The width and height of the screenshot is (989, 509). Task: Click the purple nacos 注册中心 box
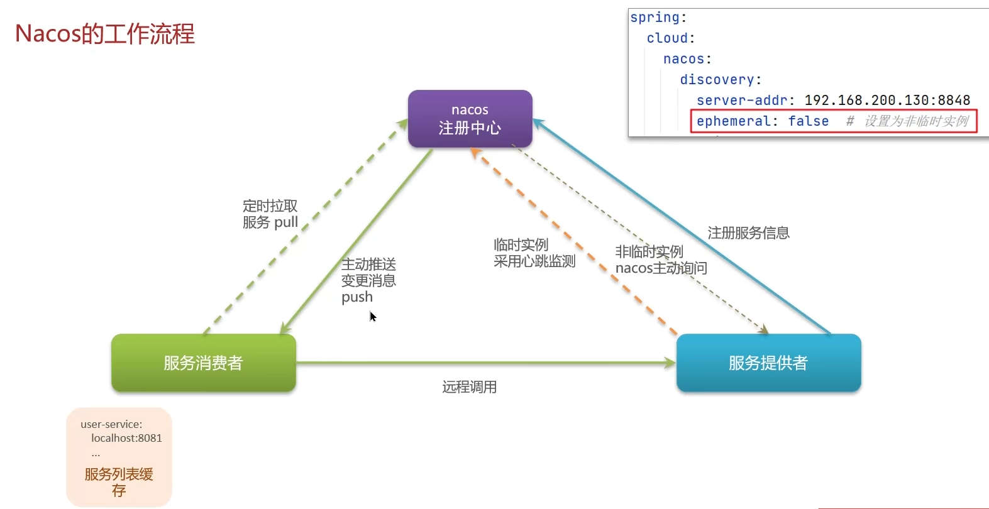click(470, 119)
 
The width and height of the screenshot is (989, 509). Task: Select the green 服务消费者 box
click(203, 363)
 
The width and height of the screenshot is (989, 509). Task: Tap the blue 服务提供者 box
click(768, 363)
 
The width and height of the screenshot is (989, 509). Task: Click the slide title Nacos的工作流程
click(105, 34)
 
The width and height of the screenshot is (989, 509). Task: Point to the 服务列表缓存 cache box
click(119, 457)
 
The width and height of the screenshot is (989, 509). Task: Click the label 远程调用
click(469, 387)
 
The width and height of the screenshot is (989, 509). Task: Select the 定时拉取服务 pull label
click(270, 214)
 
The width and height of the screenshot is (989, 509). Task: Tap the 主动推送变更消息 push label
click(368, 280)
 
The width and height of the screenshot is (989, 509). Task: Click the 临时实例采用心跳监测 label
click(534, 253)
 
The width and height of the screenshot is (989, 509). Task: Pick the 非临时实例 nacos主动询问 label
click(661, 260)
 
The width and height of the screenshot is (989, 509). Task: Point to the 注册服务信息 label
click(748, 233)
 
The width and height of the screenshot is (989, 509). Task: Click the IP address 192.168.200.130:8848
click(887, 101)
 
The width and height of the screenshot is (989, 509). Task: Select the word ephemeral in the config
click(733, 121)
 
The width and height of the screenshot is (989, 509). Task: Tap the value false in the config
click(809, 121)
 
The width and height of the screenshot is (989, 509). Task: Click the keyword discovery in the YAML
click(717, 80)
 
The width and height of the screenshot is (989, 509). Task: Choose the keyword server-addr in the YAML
click(742, 101)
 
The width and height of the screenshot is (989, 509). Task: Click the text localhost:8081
click(126, 438)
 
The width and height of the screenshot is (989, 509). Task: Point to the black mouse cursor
click(373, 316)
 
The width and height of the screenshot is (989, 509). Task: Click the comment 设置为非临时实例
click(916, 121)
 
